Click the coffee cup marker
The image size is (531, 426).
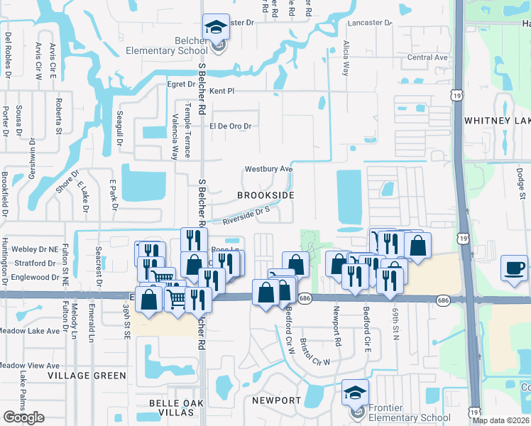coord(514,268)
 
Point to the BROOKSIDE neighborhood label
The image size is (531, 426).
coord(265,195)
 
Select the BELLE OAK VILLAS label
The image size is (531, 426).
coord(176,403)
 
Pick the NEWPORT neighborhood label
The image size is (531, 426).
coord(276,400)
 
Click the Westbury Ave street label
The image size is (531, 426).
coord(268,169)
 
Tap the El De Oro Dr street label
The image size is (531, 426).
coord(231,126)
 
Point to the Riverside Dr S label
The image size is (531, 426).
coord(246,216)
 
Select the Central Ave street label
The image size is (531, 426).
coord(427,58)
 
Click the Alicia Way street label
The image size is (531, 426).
coord(346,58)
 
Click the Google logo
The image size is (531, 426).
coord(23,417)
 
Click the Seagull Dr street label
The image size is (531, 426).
coord(120,129)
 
